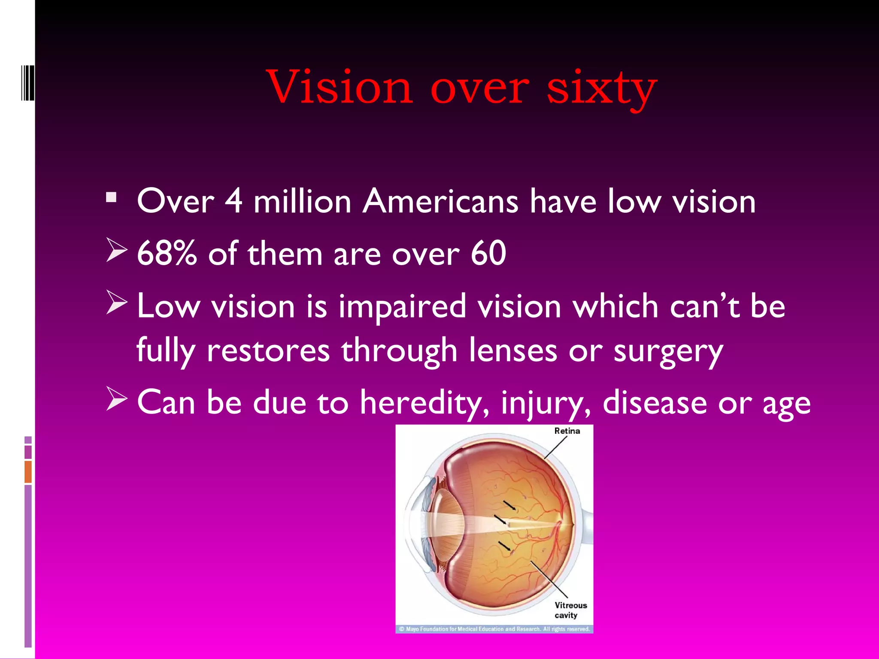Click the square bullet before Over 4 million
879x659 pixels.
(111, 198)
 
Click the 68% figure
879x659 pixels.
(167, 253)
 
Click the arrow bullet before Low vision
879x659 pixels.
(116, 302)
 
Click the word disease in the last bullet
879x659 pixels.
(655, 402)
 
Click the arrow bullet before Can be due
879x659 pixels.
(116, 399)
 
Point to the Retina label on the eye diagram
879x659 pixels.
(567, 431)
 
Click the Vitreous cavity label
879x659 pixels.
(570, 610)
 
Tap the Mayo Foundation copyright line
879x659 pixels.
(494, 629)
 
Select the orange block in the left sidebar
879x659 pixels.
(28, 472)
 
